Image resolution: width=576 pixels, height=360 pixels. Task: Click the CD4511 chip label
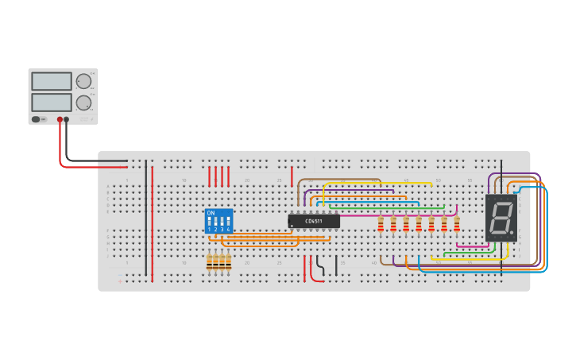click(x=314, y=221)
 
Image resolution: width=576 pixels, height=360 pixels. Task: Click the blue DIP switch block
click(x=218, y=221)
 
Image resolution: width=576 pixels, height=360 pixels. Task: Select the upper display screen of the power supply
click(x=51, y=81)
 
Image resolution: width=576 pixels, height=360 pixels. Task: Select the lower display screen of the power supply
click(x=51, y=103)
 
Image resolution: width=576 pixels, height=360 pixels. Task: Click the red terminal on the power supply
click(x=60, y=119)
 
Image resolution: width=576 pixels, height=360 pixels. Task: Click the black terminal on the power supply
click(x=66, y=119)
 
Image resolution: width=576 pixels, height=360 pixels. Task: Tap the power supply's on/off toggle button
click(x=37, y=119)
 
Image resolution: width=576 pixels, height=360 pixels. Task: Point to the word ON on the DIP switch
click(x=211, y=213)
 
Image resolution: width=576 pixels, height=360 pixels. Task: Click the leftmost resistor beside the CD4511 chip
click(x=381, y=225)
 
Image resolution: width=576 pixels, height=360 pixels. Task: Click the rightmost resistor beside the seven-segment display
click(x=457, y=225)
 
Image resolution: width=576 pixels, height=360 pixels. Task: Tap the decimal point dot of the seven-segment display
click(x=512, y=233)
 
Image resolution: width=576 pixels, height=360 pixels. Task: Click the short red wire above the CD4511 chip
click(x=292, y=176)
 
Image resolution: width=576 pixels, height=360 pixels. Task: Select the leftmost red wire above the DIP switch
click(x=210, y=176)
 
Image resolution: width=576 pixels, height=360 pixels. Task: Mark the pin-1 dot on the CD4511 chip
click(x=292, y=226)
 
